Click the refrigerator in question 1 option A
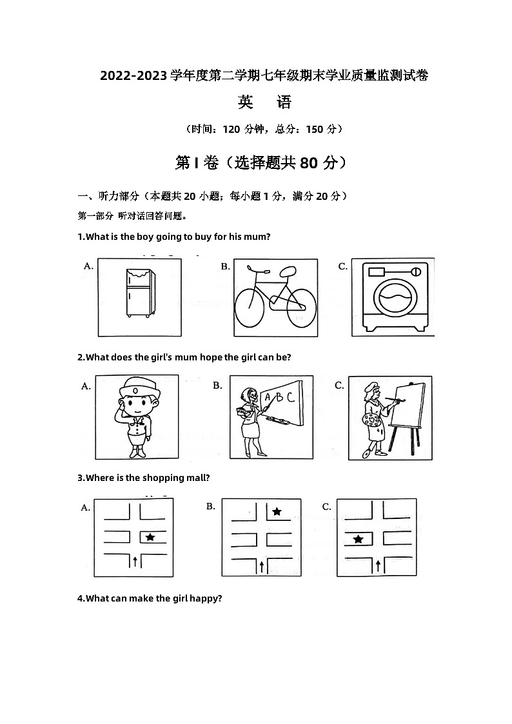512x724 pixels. [140, 293]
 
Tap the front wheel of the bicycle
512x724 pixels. [250, 308]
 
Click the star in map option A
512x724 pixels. [150, 537]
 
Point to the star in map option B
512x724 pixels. [277, 511]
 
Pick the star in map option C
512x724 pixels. [359, 539]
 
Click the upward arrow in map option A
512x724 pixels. [135, 562]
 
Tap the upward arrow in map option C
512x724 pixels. [378, 565]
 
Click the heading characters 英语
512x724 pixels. [264, 102]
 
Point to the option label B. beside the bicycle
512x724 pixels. [226, 266]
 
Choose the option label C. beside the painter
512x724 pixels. [339, 386]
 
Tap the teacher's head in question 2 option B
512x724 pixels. [250, 395]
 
